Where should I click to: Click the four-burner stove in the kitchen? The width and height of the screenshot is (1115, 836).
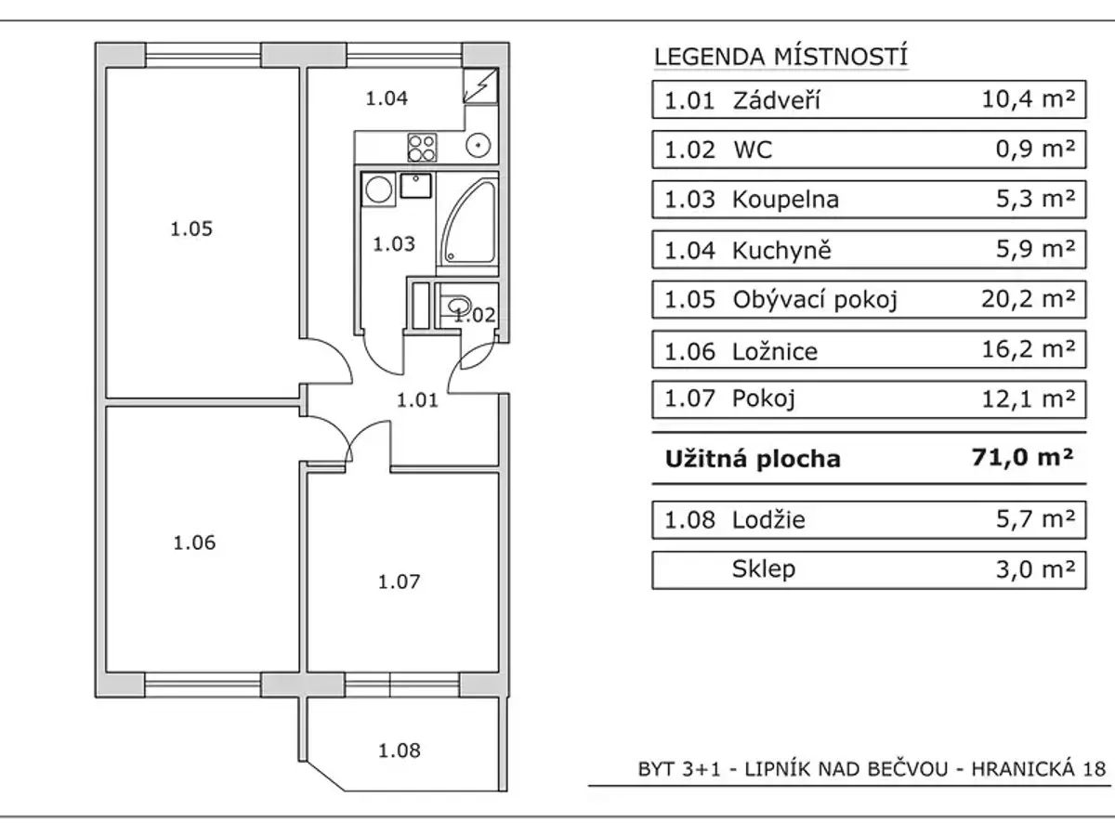click(x=422, y=147)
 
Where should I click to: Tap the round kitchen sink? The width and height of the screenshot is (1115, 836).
click(x=479, y=146)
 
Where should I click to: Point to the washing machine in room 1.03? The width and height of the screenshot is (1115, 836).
click(x=378, y=189)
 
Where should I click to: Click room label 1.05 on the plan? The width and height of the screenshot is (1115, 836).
click(x=191, y=229)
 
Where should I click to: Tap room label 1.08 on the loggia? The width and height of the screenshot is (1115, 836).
click(x=400, y=751)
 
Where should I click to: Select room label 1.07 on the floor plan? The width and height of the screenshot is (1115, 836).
click(x=400, y=581)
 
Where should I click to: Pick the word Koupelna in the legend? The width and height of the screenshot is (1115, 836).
click(x=785, y=200)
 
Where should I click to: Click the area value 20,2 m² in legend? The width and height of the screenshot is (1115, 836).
click(x=1029, y=299)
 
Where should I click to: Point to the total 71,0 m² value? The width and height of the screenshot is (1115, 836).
click(x=1023, y=457)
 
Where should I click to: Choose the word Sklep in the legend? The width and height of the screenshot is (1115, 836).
click(x=764, y=569)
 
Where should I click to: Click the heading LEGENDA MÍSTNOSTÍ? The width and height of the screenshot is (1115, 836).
click(x=780, y=57)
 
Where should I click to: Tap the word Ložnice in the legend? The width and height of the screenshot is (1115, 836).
click(x=775, y=351)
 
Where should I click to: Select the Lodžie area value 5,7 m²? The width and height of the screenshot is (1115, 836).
click(x=1035, y=519)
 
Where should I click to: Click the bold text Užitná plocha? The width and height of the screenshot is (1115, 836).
click(x=753, y=459)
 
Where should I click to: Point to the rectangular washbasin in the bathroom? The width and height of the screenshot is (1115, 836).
click(x=416, y=185)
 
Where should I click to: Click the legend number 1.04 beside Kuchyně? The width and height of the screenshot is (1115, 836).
click(x=689, y=250)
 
